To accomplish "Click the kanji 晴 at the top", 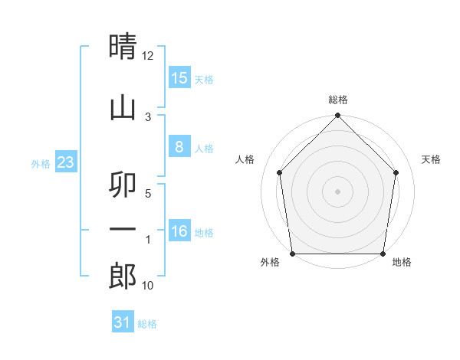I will pyautogui.click(x=123, y=47).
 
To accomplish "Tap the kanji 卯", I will pyautogui.click(x=123, y=185).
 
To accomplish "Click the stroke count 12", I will pyautogui.click(x=148, y=56).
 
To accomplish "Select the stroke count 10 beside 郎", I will pyautogui.click(x=148, y=286).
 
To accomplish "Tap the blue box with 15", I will pyautogui.click(x=179, y=78).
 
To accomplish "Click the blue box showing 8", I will pyautogui.click(x=179, y=147).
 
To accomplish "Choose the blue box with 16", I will pyautogui.click(x=179, y=231).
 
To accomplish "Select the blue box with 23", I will pyautogui.click(x=65, y=162).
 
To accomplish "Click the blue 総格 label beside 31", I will pyautogui.click(x=147, y=324).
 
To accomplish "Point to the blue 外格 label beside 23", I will pyautogui.click(x=41, y=163).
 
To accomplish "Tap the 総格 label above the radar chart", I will pyautogui.click(x=338, y=100).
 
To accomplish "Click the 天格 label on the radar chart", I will pyautogui.click(x=431, y=159).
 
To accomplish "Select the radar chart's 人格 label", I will pyautogui.click(x=245, y=159).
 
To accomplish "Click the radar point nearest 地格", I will pyautogui.click(x=383, y=254).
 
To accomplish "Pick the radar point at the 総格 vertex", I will pyautogui.click(x=338, y=116).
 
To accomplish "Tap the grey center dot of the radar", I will pyautogui.click(x=338, y=191).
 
